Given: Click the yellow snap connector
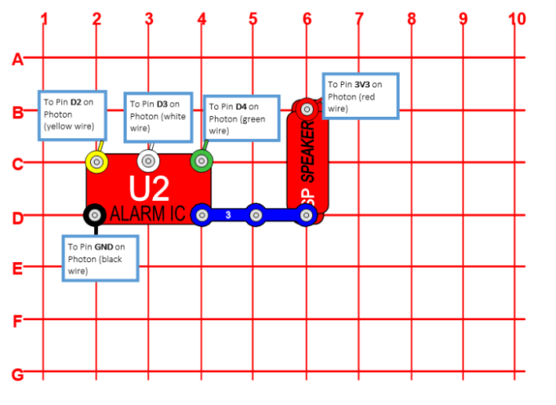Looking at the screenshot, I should point(96,162).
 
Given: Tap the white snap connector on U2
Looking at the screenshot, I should point(148,161).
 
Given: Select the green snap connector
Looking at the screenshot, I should point(201,161).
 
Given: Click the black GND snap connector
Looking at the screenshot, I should point(96,215).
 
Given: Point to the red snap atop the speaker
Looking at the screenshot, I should point(306,108).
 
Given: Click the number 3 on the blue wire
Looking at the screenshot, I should point(228,215).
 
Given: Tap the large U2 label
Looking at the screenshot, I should point(149,188).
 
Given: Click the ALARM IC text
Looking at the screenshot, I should point(147,215).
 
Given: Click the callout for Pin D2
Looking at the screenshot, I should point(71,114).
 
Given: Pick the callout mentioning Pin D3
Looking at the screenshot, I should point(159,116).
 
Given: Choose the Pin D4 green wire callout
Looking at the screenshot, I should point(236,118).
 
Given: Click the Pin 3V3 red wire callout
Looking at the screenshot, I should point(360,96).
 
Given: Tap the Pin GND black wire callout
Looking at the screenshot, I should point(100,258).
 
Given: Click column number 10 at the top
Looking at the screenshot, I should point(516,18).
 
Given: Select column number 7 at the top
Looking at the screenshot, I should point(358,18).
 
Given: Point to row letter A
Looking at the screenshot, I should point(17,59).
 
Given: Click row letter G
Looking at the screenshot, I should point(17,375).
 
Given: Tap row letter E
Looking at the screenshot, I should point(17,268).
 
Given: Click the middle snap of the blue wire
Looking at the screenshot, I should point(255,215).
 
